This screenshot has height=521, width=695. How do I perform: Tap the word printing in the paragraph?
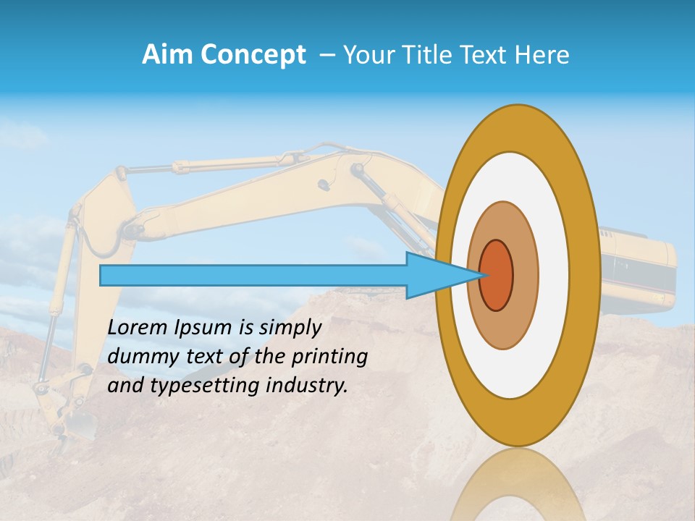click(330, 357)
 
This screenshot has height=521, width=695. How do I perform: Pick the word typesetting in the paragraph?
click(206, 386)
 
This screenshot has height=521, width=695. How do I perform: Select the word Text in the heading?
click(490, 55)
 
